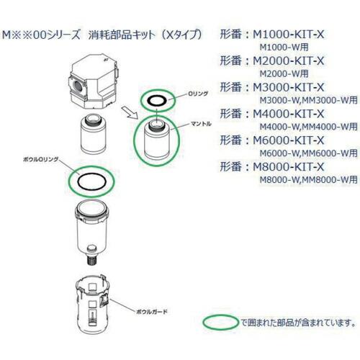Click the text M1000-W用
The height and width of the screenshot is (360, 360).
pyautogui.click(x=278, y=47)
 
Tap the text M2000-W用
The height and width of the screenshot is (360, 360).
pyautogui.click(x=278, y=73)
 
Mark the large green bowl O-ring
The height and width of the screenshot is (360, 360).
pyautogui.click(x=91, y=180)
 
